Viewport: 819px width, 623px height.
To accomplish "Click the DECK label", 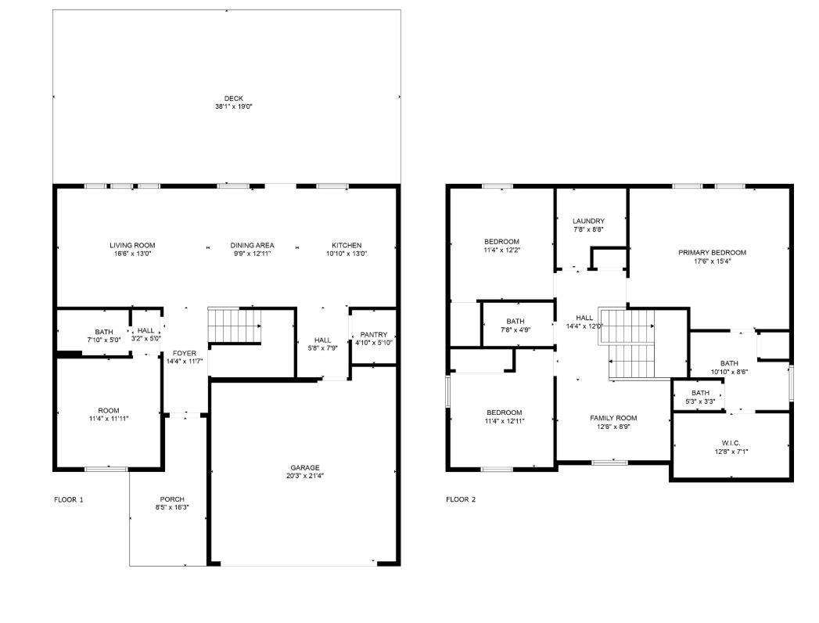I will coord(233,99).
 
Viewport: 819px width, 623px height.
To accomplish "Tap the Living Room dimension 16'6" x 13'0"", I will coord(132,254).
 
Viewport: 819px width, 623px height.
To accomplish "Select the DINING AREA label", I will coord(252,245).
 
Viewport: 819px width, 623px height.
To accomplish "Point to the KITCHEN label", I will coord(346,245).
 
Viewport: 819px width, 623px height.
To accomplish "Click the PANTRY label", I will coord(373,334).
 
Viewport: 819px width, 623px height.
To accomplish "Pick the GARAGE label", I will coord(304,467).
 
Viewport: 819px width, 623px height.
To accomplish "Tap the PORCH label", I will coord(172,499).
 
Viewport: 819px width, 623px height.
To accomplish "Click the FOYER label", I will coord(185,353).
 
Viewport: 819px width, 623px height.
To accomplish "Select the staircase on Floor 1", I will coord(234,326).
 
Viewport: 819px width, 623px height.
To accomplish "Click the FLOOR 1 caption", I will coord(68,499).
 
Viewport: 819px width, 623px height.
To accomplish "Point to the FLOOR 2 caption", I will coord(461,499).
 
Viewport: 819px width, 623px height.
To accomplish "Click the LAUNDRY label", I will coord(588,221).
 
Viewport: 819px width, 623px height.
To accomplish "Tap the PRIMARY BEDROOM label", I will coord(712,253).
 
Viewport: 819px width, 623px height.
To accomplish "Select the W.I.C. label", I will coord(731,442).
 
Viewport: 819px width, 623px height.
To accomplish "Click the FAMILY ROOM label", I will coord(613,418).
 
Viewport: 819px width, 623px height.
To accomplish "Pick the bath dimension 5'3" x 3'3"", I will coord(700,401).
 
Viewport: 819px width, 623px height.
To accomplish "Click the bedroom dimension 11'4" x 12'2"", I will coord(501,250).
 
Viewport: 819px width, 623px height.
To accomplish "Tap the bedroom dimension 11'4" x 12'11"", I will coord(504,421).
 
